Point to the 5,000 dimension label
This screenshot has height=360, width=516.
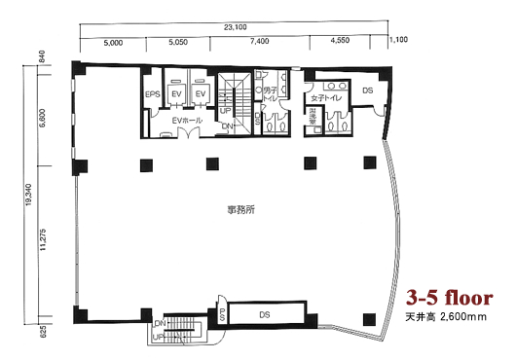point(113,43)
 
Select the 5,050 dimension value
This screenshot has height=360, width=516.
point(177,43)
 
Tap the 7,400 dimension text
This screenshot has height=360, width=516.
point(259,43)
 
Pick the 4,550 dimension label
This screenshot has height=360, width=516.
point(340,43)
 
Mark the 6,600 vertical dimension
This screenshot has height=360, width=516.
point(43,115)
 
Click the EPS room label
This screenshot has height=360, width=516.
point(152,93)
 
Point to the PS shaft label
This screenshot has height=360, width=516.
point(223,315)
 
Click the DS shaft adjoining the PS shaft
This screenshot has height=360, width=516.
point(265,314)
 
